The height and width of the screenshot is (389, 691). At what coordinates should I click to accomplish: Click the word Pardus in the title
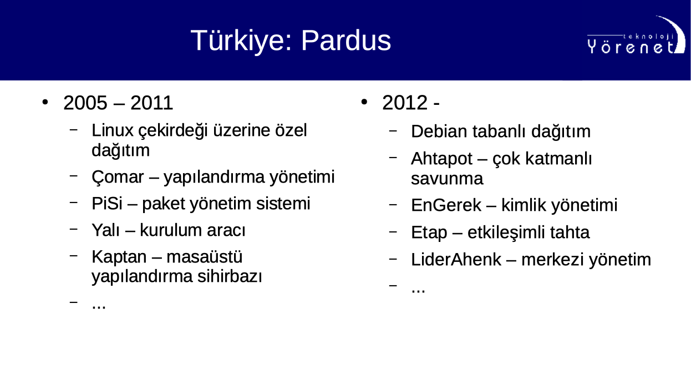(346, 40)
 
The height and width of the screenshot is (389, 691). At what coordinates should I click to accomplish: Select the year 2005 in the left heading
(85, 103)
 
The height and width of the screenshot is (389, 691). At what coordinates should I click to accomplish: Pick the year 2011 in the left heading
(151, 103)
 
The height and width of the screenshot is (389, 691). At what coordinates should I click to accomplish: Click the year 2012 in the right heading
(405, 103)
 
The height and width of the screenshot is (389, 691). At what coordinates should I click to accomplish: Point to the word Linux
(112, 130)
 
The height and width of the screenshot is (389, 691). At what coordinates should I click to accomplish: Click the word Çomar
(118, 178)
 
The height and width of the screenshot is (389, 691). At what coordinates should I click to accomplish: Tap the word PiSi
(107, 204)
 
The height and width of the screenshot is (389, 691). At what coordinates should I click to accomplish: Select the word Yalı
(105, 230)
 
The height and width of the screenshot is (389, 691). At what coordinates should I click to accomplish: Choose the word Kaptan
(119, 257)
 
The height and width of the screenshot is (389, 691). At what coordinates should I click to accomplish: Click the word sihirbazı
(230, 276)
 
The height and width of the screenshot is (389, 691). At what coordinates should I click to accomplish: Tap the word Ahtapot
(442, 159)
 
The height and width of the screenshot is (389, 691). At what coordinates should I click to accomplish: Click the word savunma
(447, 179)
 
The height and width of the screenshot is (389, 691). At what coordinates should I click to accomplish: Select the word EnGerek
(446, 205)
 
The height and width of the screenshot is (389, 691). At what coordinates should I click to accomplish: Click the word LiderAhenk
(456, 259)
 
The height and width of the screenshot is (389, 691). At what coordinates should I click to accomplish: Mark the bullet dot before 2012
(364, 102)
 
